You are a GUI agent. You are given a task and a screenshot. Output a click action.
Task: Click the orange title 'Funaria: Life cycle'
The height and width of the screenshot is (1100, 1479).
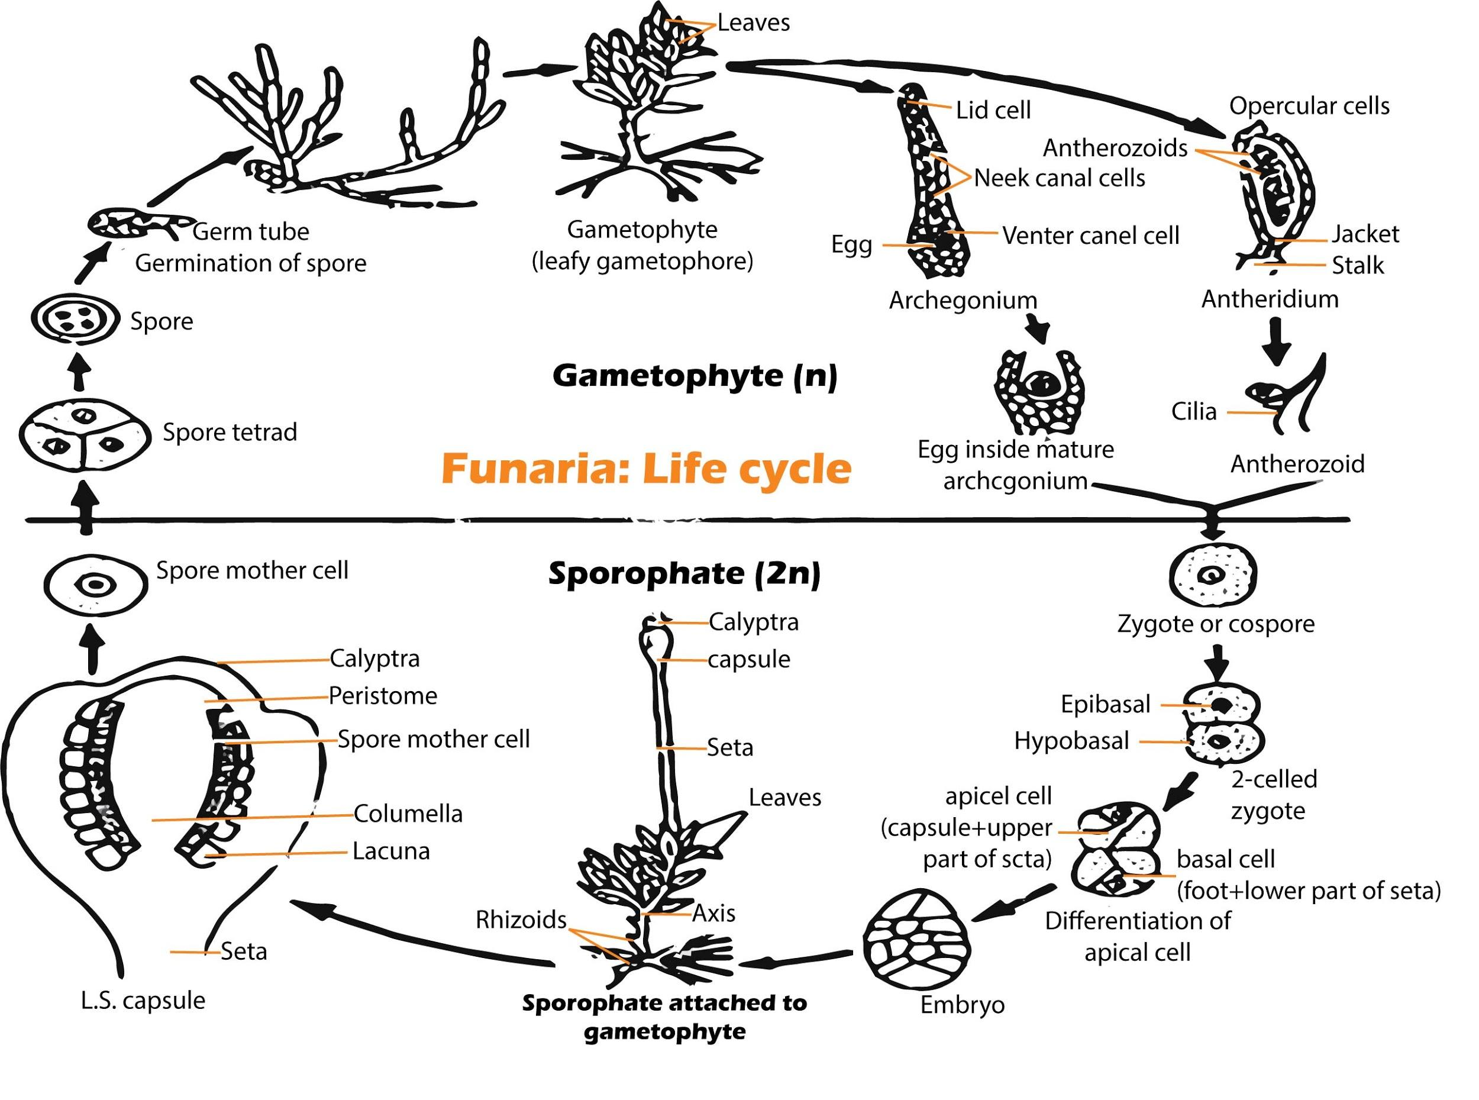[645, 469]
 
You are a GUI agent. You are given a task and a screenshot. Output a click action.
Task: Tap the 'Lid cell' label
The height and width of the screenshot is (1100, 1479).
[993, 110]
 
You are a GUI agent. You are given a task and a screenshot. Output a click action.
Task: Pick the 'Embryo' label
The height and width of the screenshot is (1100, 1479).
[962, 1004]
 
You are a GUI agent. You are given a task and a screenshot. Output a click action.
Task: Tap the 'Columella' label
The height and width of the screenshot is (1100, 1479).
[408, 813]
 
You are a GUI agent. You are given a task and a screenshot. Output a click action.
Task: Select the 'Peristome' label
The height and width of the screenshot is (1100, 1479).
[383, 696]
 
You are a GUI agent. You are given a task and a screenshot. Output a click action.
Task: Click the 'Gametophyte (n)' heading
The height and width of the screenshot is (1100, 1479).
[694, 376]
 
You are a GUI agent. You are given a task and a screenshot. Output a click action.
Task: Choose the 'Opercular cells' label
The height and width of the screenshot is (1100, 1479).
[1309, 106]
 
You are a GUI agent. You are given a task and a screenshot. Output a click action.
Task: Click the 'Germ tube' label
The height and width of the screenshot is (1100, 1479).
[251, 232]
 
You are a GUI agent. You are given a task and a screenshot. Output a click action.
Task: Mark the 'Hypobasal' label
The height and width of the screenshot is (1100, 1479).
[1071, 740]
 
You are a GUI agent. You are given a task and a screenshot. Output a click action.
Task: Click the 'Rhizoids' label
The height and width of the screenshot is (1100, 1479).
[521, 920]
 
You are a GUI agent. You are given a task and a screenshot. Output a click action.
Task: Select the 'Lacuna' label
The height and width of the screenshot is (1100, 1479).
[390, 851]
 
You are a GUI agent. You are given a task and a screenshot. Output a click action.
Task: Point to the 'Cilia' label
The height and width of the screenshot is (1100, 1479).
[1193, 411]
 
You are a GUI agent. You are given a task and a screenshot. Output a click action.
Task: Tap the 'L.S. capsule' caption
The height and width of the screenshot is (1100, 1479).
[143, 1000]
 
